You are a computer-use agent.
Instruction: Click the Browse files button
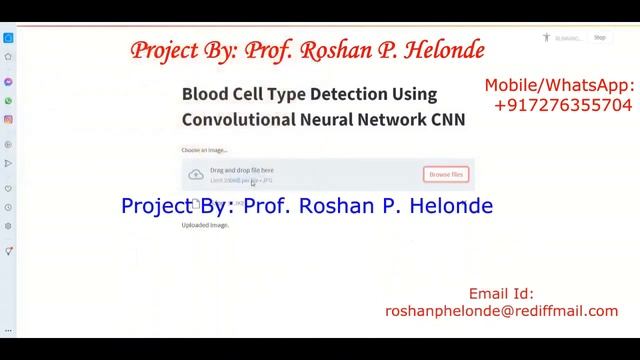(x=446, y=174)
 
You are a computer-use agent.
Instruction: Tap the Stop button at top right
(x=600, y=38)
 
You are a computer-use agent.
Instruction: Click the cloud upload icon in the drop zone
(x=196, y=175)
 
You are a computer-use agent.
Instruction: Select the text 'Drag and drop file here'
(x=241, y=170)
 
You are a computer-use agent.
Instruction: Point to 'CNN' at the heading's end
(x=448, y=119)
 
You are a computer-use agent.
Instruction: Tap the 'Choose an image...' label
(x=204, y=150)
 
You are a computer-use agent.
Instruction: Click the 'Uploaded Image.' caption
(x=205, y=225)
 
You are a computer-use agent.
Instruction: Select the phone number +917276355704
(x=563, y=104)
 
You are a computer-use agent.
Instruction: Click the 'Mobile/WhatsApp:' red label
(x=559, y=85)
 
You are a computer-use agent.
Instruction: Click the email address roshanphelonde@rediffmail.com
(x=501, y=311)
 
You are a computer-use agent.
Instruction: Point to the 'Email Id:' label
(x=501, y=294)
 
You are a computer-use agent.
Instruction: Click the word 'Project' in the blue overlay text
(x=156, y=206)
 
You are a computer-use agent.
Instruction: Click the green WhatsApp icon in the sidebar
(x=8, y=101)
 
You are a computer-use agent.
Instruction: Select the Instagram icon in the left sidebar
(x=8, y=120)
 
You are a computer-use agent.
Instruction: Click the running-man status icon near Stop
(x=546, y=38)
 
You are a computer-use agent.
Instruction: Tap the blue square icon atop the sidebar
(x=8, y=38)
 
